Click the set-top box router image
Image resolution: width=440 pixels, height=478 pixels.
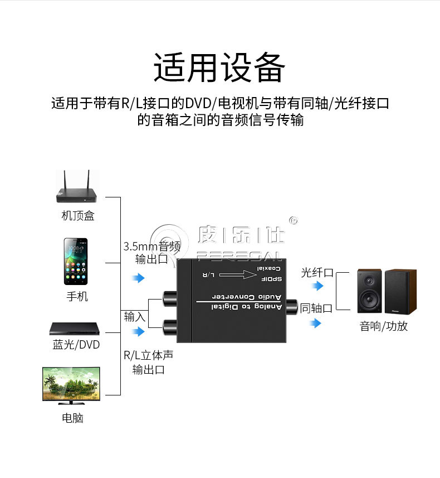click(x=76, y=186)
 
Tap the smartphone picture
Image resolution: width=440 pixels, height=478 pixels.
click(x=76, y=262)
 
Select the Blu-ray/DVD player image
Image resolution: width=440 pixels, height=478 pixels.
click(x=75, y=329)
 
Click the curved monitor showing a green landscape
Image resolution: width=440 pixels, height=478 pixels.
click(x=71, y=385)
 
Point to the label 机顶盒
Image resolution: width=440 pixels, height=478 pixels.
click(x=78, y=215)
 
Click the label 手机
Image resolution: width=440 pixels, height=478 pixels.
click(x=77, y=296)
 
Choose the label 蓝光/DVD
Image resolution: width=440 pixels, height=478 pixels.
click(x=76, y=345)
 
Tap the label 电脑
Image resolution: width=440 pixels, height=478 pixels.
click(x=72, y=418)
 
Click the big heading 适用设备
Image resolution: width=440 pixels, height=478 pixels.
click(x=219, y=67)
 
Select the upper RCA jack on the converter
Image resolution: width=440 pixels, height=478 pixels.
click(x=170, y=298)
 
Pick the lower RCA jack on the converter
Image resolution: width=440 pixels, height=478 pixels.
click(x=170, y=327)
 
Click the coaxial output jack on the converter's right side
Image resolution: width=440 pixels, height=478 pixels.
click(x=291, y=307)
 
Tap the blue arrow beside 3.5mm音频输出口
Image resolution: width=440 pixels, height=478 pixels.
click(x=138, y=278)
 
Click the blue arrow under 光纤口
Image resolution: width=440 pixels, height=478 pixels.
click(x=317, y=286)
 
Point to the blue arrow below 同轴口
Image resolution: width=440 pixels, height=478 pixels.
click(x=315, y=323)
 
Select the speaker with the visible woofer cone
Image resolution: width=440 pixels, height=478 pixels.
click(x=369, y=291)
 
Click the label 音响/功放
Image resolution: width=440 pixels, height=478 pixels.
click(x=384, y=326)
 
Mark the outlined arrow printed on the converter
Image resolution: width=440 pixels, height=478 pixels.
click(x=238, y=274)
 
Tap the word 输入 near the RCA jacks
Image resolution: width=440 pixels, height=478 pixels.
click(x=134, y=316)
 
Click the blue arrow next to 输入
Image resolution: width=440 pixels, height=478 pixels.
click(x=138, y=331)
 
